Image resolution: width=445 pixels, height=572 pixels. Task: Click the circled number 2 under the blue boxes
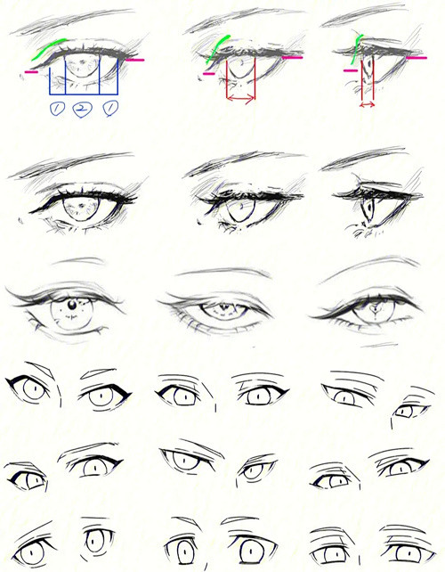coord(82,109)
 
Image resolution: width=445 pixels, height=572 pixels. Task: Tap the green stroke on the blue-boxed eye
coord(47,48)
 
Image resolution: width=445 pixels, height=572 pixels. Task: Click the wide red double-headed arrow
coord(241,98)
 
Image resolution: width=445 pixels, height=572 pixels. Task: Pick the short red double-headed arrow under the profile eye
coord(368,105)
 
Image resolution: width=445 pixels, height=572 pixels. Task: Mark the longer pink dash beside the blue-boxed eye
coord(135,60)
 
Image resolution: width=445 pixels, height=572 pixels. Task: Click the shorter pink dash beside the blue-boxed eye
coord(31,72)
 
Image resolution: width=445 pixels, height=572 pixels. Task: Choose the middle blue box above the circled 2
coord(82,77)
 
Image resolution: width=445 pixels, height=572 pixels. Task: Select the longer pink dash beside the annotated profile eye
coord(417,58)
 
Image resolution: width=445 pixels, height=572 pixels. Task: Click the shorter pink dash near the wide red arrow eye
coord(209,74)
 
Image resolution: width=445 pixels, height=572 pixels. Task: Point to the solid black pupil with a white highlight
coord(72,304)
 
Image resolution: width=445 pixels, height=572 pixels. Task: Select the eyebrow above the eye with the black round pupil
coord(78,260)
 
